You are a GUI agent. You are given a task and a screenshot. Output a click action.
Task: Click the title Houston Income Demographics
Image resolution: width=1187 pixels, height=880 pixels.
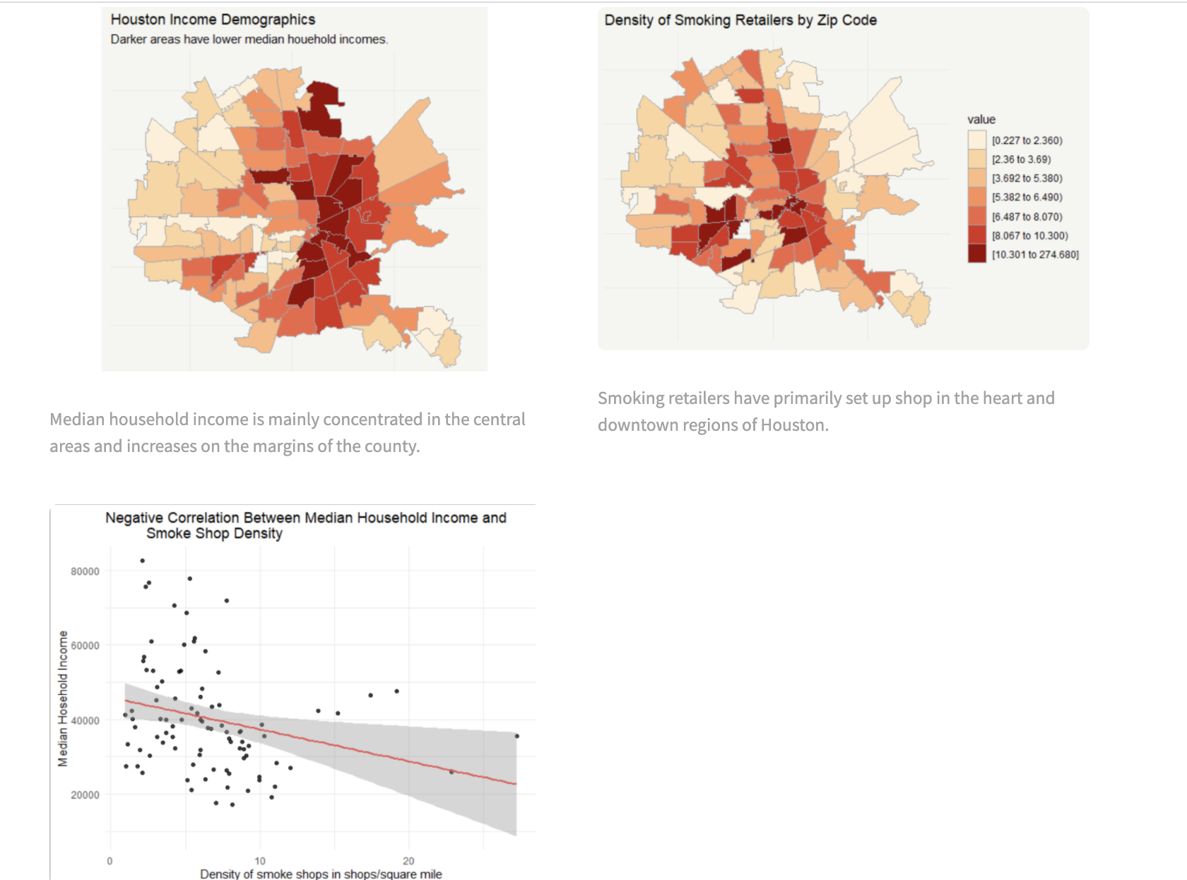(213, 20)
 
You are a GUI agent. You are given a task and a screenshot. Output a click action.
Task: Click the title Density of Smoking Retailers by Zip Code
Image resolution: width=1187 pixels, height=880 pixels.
(740, 20)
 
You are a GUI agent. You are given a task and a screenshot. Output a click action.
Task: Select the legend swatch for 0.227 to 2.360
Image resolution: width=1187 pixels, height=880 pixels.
(976, 140)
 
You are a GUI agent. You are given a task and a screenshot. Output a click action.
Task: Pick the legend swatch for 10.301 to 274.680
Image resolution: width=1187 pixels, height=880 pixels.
(976, 254)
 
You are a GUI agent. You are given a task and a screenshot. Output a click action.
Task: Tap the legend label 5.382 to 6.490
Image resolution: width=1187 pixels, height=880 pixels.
(1027, 198)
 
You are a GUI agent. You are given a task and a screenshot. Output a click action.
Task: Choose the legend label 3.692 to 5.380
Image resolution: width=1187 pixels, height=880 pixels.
(1027, 179)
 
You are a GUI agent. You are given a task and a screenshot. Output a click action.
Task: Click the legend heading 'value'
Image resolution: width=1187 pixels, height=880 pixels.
(981, 119)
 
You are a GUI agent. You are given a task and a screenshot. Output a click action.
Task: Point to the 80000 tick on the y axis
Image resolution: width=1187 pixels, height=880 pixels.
(85, 571)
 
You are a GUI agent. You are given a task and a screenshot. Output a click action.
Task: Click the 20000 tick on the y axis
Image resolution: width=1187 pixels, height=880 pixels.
(85, 795)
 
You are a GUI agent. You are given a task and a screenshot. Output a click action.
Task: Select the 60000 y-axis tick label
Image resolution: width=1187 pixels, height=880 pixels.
(85, 646)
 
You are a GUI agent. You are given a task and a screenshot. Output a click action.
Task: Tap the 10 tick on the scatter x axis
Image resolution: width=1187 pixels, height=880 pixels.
(260, 861)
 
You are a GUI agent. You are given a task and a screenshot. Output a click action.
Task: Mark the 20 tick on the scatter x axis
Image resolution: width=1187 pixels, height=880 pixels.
(408, 861)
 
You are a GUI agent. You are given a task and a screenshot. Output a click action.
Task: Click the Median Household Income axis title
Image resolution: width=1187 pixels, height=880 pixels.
(63, 698)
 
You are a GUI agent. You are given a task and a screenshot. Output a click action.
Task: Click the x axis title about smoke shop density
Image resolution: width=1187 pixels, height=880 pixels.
(321, 874)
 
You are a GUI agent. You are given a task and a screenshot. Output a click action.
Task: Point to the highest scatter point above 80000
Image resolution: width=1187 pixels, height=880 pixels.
(143, 561)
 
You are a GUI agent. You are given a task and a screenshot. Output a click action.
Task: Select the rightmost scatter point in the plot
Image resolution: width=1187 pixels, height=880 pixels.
(516, 736)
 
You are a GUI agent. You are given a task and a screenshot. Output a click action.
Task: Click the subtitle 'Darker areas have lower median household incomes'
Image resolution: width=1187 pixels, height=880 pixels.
(249, 40)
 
